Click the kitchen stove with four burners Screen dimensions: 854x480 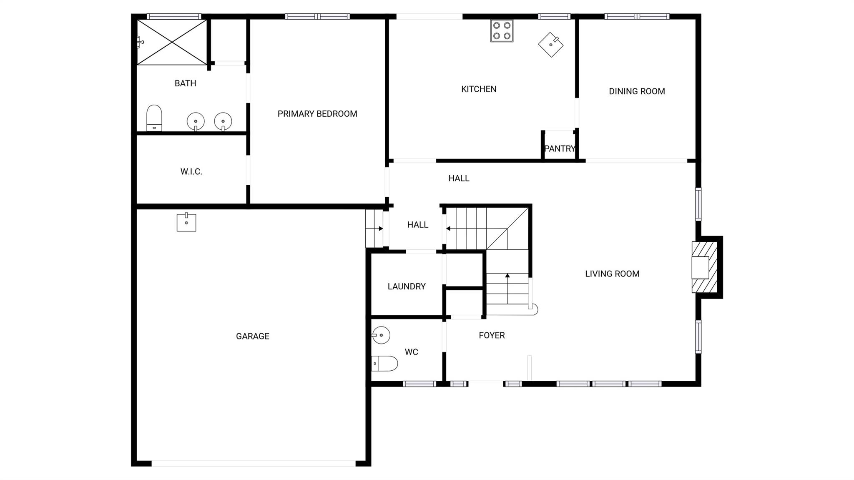point(502,31)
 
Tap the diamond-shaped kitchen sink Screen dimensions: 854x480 point(551,45)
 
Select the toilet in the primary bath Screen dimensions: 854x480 point(154,118)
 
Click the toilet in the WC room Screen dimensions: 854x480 point(384,364)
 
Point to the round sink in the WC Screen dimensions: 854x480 point(381,335)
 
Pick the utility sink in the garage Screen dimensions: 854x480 point(186,222)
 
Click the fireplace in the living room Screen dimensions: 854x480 point(705,267)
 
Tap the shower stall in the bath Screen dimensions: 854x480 point(172,42)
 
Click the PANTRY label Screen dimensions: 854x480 point(560,148)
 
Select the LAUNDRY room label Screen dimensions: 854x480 point(407,286)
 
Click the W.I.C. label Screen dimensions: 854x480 point(191,171)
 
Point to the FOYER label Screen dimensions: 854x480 point(492,335)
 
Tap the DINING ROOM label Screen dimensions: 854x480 point(637,91)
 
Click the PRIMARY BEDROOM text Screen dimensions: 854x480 point(317,114)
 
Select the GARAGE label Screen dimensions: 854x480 point(253,336)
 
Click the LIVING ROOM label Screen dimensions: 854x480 point(612,274)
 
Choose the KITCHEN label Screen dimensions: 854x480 point(479,89)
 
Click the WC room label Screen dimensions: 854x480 point(411,352)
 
